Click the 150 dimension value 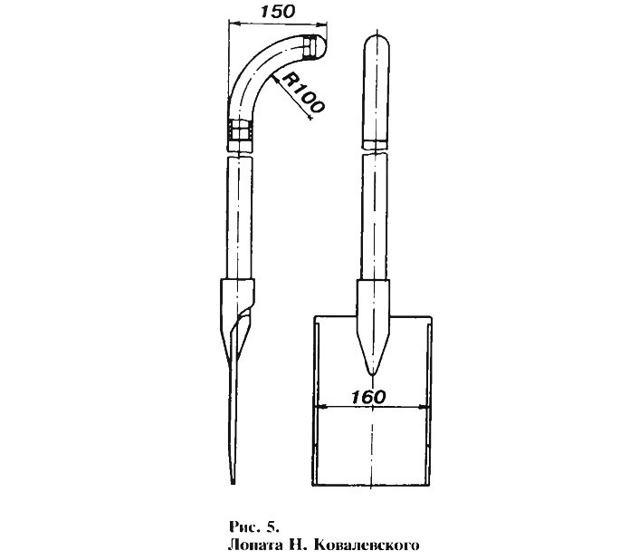click(277, 12)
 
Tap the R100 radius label click(303, 92)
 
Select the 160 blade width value click(368, 397)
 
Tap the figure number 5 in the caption click(272, 527)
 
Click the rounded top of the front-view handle click(377, 42)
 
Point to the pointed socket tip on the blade click(372, 371)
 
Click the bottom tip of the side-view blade click(233, 482)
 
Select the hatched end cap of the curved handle click(310, 47)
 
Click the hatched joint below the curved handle click(241, 130)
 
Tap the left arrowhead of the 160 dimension click(320, 407)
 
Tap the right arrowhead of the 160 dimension click(424, 407)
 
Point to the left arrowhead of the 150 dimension click(233, 24)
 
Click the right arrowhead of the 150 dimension click(324, 24)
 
